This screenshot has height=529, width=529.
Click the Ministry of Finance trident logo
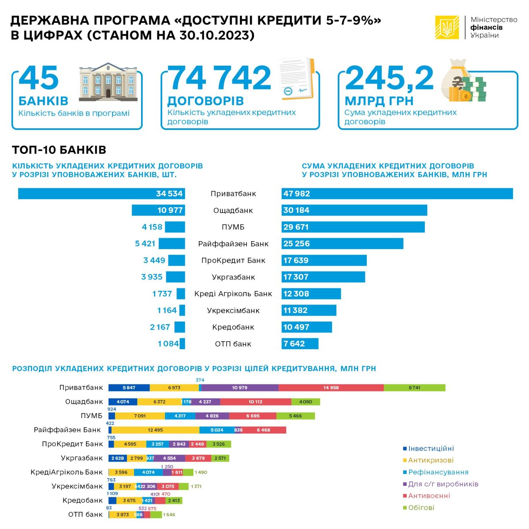click(x=447, y=27)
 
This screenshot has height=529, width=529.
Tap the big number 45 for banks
click(x=39, y=78)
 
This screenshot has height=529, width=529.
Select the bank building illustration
click(x=108, y=82)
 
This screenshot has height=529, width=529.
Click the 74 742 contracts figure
click(x=220, y=78)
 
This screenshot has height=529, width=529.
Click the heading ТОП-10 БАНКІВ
click(x=59, y=150)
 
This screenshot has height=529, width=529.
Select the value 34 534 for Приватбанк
click(x=169, y=194)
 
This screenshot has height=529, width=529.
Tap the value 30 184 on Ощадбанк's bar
click(x=296, y=210)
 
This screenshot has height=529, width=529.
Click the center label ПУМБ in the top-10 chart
click(x=233, y=227)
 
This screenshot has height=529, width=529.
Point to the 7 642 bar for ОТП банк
click(x=300, y=344)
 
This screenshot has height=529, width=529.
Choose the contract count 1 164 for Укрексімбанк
click(x=167, y=310)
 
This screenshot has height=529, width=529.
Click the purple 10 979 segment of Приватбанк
click(x=240, y=387)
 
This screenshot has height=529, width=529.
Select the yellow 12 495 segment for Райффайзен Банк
click(x=155, y=430)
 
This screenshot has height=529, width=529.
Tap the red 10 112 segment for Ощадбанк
click(x=256, y=402)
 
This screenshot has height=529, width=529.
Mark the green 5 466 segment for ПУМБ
click(x=295, y=416)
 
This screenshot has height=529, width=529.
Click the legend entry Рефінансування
click(x=438, y=472)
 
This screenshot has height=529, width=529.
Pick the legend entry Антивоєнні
click(x=428, y=495)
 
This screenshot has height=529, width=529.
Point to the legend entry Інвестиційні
click(x=430, y=449)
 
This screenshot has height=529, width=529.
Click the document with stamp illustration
click(x=295, y=79)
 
